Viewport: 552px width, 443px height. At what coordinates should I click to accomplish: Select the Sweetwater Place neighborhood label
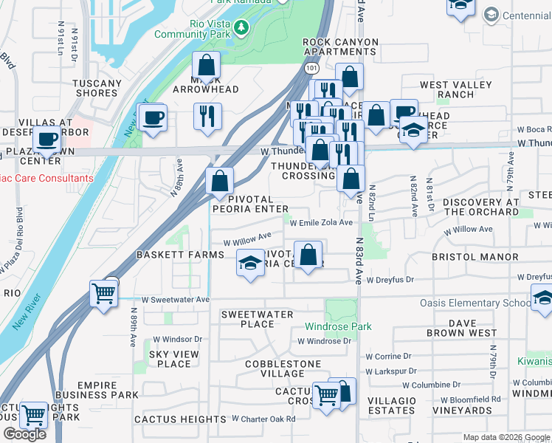coord(258,319)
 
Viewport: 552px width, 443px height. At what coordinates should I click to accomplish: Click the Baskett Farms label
coord(180,255)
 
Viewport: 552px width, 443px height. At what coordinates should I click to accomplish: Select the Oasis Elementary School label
coord(475,303)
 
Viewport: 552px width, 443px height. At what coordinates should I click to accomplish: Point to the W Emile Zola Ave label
coord(321,222)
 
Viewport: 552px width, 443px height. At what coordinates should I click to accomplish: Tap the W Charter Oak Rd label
coord(263,419)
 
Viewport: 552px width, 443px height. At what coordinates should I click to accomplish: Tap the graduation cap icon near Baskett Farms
coord(251,263)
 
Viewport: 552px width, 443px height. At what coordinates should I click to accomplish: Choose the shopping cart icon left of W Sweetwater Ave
coord(103,293)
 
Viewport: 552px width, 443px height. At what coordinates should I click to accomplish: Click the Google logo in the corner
coord(24,434)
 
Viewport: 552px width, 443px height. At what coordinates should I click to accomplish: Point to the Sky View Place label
coord(174,359)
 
